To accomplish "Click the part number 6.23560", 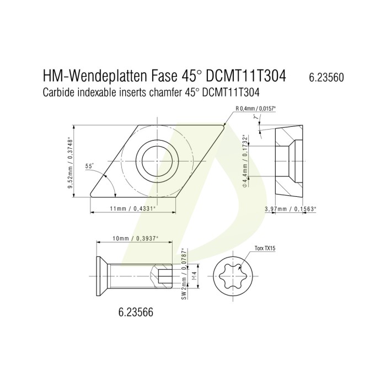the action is [326, 78].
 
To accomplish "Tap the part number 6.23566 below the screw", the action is [136, 313].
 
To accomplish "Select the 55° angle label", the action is [89, 166].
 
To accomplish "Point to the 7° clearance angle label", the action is [258, 116].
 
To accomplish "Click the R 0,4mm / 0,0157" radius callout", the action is [255, 109].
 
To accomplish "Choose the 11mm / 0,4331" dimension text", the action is [133, 209].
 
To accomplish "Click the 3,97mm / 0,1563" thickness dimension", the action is [290, 209].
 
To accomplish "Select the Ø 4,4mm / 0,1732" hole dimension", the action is [245, 161].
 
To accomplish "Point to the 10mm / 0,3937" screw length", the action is [135, 238].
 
